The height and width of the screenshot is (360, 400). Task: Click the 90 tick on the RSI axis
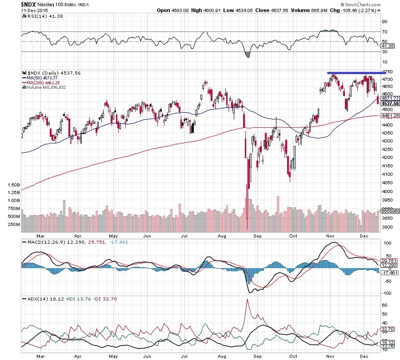(385, 22)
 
